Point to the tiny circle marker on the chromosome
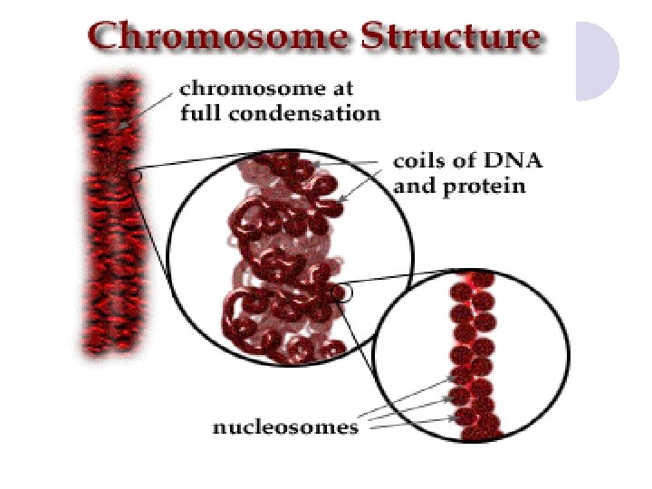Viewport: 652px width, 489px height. pyautogui.click(x=136, y=177)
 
